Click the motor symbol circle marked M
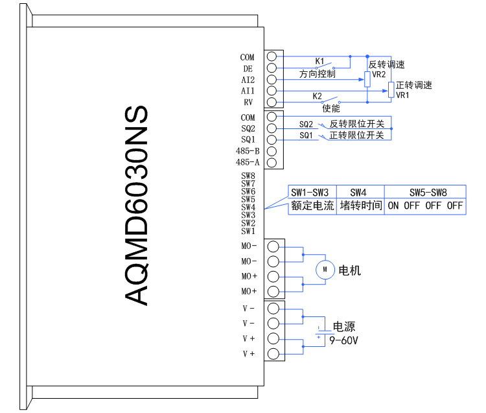click(x=323, y=268)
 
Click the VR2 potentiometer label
click(x=379, y=75)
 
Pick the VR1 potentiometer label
click(x=402, y=95)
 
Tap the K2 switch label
click(x=318, y=96)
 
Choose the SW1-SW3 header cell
click(x=310, y=193)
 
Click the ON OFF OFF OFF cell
click(x=426, y=206)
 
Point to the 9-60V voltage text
click(x=344, y=340)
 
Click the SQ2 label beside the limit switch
click(x=306, y=124)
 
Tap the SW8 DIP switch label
click(x=248, y=176)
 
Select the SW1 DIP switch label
click(x=248, y=231)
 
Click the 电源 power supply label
click(x=344, y=327)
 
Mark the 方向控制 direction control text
click(x=317, y=74)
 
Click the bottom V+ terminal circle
click(x=273, y=354)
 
